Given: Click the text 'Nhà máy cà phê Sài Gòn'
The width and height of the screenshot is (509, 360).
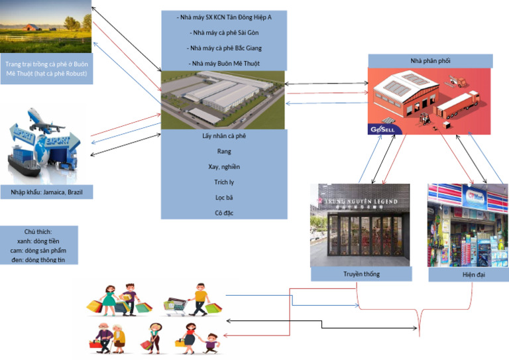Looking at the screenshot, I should click(x=224, y=32).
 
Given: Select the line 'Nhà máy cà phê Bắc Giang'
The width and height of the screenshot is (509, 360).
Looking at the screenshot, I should click(x=224, y=48).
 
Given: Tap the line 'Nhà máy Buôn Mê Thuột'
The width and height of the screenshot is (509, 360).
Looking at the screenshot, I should click(x=224, y=63).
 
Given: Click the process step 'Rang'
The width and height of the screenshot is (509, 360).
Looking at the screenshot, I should click(x=224, y=151).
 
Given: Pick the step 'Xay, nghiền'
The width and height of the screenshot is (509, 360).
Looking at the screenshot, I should click(x=224, y=166).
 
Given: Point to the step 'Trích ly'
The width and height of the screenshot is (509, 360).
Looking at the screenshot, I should click(x=224, y=182).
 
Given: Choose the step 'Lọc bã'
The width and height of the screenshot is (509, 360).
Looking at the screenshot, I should click(x=224, y=198).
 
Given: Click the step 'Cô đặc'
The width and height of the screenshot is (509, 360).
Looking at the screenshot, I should click(x=224, y=213).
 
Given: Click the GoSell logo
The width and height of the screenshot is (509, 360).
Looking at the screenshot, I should click(x=382, y=129).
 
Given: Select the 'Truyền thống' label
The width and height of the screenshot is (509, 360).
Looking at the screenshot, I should click(x=361, y=274).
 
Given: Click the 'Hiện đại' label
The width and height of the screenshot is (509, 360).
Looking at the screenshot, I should click(x=468, y=274).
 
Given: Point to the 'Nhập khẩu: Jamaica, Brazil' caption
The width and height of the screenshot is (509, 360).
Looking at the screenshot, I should click(x=46, y=192).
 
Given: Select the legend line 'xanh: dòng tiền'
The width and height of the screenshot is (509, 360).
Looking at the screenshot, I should click(x=46, y=241).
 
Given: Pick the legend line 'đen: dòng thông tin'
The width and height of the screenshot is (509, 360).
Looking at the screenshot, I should click(x=46, y=259).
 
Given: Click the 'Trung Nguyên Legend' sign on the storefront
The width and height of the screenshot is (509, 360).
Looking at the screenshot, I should click(x=360, y=202).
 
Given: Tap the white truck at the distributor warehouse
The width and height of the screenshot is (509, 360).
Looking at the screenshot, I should click(x=457, y=103).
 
